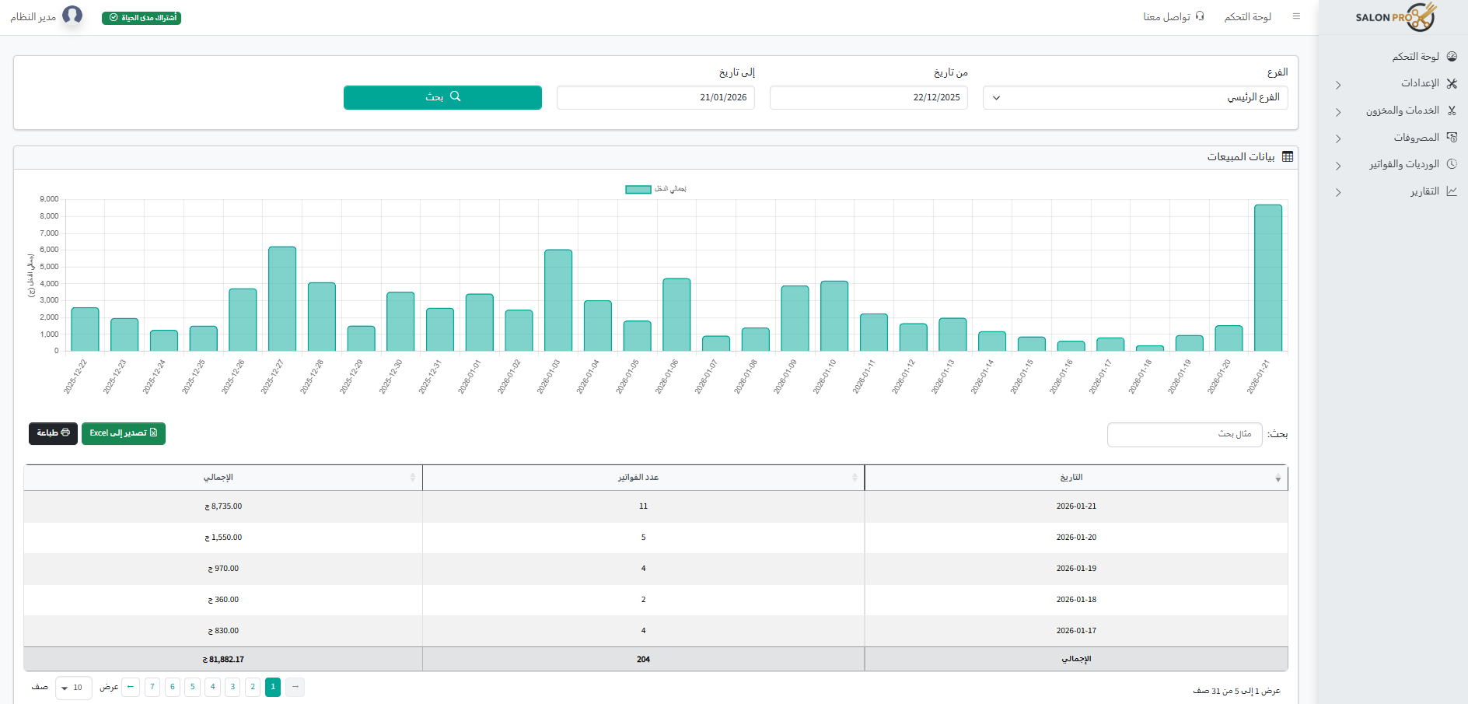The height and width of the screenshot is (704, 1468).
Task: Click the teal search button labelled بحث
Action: [442, 97]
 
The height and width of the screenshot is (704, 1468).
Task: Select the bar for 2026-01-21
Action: [1267, 278]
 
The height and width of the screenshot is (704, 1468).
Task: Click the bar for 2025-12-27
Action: [282, 299]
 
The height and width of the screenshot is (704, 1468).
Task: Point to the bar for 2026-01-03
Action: [558, 300]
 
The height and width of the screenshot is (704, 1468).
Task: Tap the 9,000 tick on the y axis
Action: [49, 199]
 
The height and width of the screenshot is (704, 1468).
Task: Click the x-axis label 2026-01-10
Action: [825, 377]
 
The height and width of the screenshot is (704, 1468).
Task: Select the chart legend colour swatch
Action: [638, 189]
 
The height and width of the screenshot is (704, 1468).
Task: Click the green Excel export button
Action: [124, 433]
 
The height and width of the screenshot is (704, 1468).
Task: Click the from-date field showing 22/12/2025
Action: [869, 98]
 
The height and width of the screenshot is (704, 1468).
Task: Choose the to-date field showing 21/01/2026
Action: [655, 98]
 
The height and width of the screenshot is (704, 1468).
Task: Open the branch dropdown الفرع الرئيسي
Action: [1135, 98]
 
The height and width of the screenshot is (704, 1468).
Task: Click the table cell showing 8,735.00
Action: [223, 506]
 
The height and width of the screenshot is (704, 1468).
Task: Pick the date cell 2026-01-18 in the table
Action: [1076, 600]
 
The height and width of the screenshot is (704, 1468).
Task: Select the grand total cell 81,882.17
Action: [223, 660]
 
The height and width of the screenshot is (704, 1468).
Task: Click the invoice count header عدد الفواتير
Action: [638, 478]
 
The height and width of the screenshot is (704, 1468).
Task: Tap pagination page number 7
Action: [152, 687]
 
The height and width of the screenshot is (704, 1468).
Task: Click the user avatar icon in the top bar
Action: [72, 16]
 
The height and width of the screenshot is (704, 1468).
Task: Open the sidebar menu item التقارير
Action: [1424, 191]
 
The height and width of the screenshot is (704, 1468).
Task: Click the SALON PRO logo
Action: [1396, 17]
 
